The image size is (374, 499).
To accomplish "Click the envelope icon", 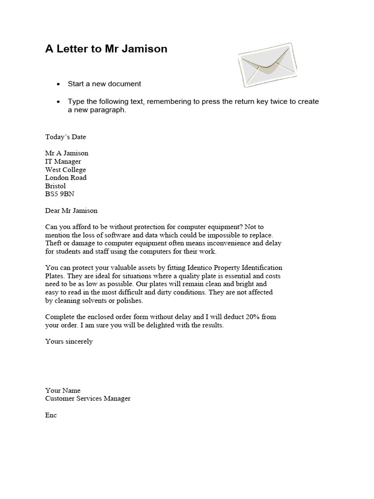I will click(x=266, y=64).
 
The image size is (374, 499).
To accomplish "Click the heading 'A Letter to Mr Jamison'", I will click(x=106, y=49).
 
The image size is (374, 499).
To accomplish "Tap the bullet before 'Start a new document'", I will click(x=58, y=84).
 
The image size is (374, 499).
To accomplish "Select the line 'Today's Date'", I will click(x=65, y=137).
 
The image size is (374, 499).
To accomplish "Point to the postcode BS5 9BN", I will click(x=60, y=194).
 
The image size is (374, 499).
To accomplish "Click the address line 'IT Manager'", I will click(x=63, y=161).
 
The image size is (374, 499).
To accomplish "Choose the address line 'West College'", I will click(x=65, y=170).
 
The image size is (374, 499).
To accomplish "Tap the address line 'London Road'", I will click(x=66, y=178).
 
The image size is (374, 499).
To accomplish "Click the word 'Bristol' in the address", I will click(x=56, y=186).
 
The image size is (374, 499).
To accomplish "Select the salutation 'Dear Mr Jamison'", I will click(x=71, y=211).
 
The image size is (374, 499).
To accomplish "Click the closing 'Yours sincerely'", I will click(x=69, y=342).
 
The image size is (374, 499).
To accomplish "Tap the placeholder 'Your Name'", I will click(x=63, y=390).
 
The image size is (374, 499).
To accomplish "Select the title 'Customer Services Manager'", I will click(x=88, y=399).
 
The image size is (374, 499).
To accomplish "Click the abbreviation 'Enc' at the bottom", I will click(x=51, y=415).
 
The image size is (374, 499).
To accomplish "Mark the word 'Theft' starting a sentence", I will click(x=54, y=243).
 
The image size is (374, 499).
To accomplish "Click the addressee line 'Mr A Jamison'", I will click(x=67, y=153).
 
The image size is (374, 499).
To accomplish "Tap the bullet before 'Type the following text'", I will click(x=58, y=102).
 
